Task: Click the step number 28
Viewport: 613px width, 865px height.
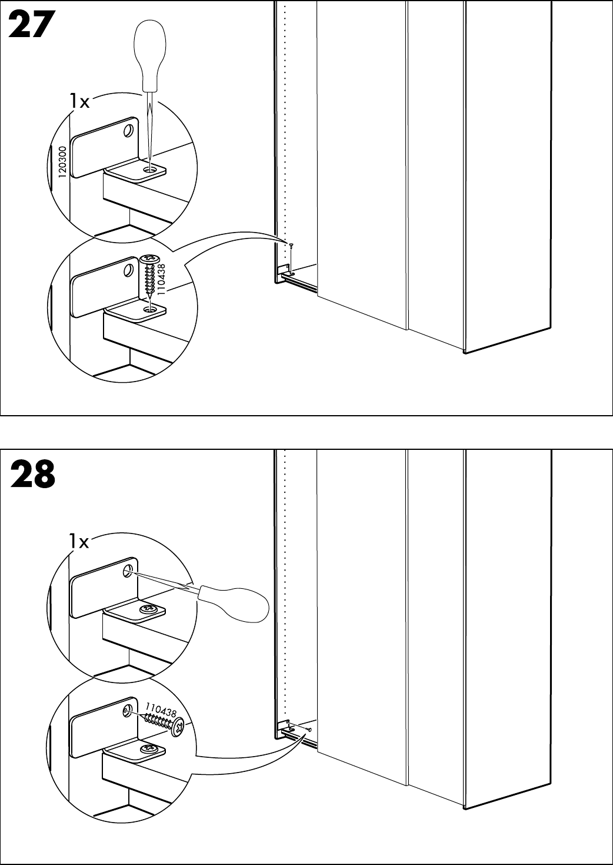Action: tap(32, 475)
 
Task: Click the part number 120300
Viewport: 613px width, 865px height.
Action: tap(62, 162)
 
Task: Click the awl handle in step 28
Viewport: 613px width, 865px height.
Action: tap(235, 601)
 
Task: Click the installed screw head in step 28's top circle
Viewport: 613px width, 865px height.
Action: tap(148, 608)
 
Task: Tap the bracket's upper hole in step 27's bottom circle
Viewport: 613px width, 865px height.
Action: tap(128, 271)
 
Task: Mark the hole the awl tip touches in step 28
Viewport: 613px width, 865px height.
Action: tap(127, 571)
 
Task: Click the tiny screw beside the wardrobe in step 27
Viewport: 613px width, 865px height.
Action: tap(291, 246)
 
